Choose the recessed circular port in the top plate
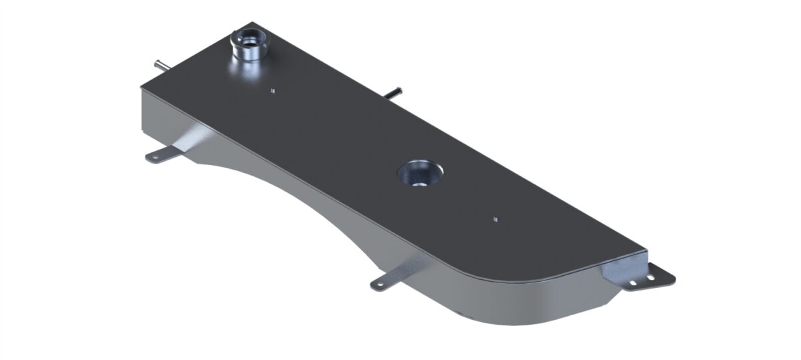pyautogui.click(x=419, y=174)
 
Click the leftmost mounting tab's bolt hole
pyautogui.click(x=152, y=158)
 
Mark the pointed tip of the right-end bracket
pyautogui.click(x=673, y=277)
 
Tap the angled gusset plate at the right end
pyautogui.click(x=617, y=268)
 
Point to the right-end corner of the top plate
pyautogui.click(x=646, y=251)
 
